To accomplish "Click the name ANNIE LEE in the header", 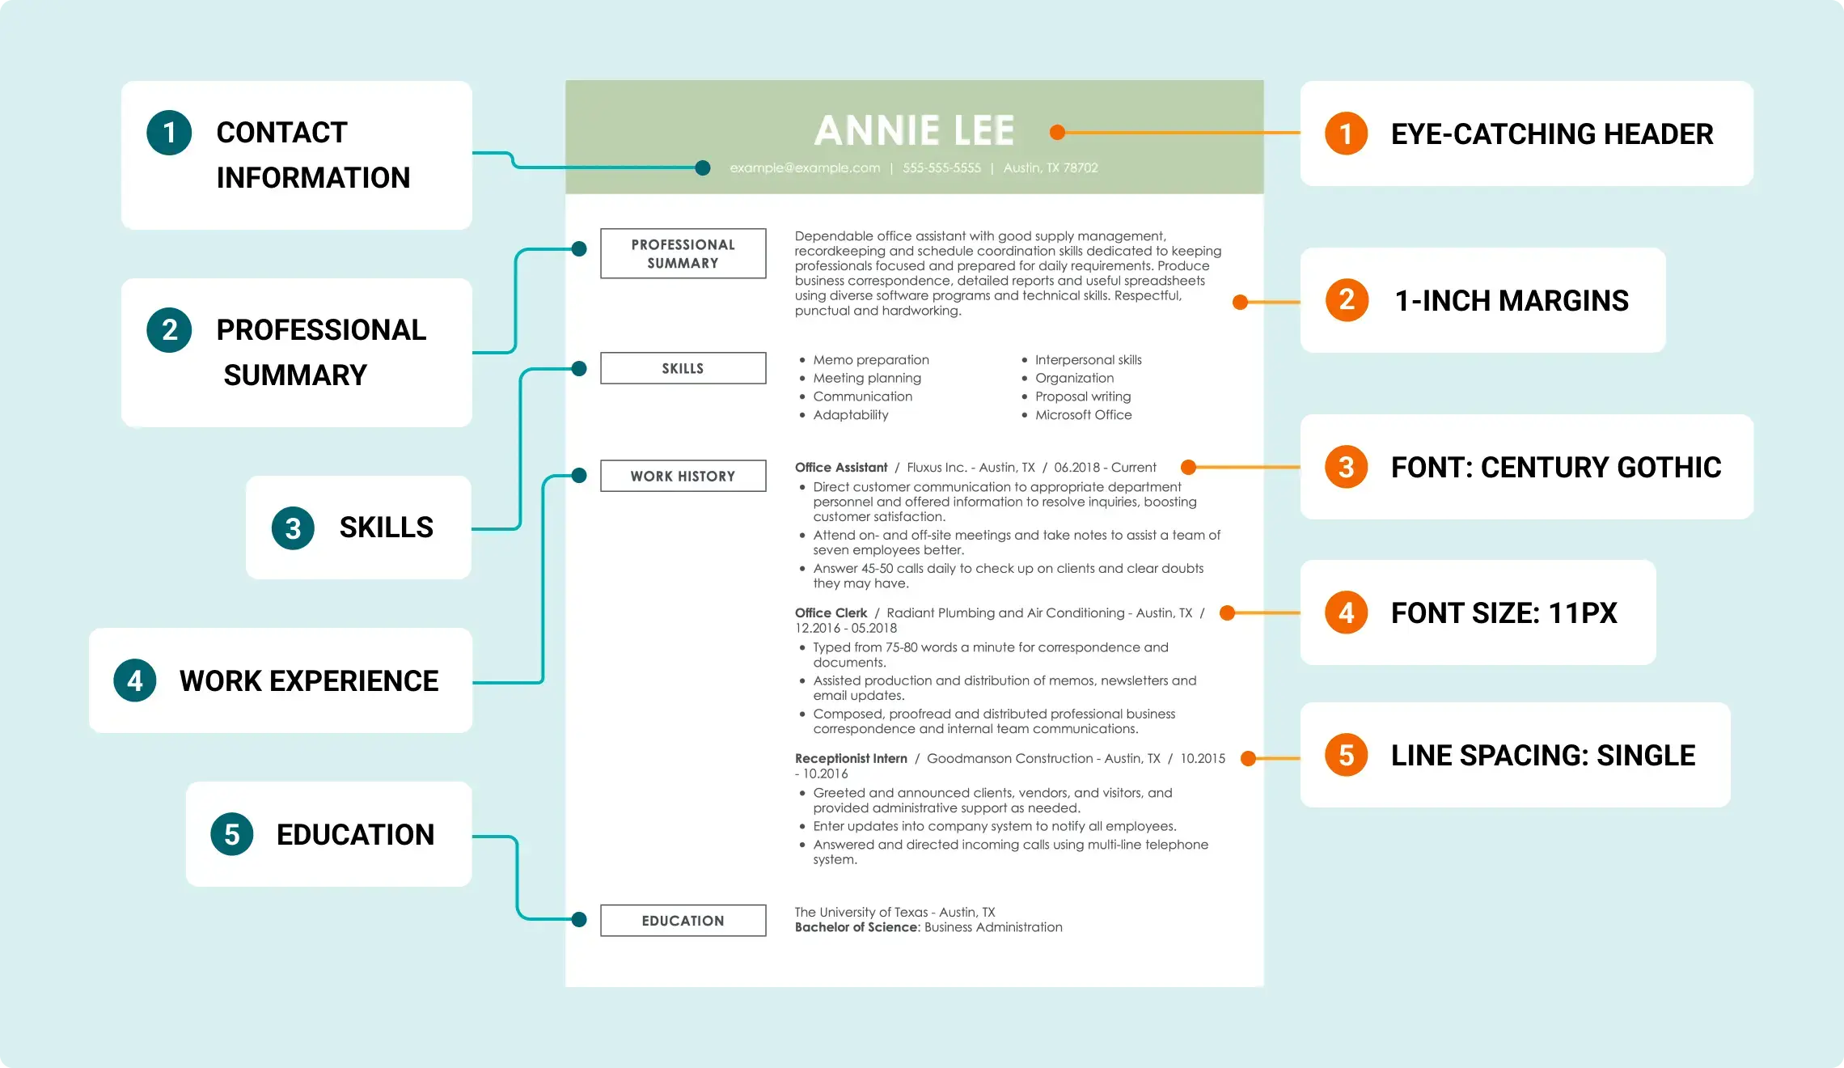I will [x=914, y=131].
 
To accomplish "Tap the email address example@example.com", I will [x=805, y=168].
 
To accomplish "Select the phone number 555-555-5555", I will [x=941, y=168].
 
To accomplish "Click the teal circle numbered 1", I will [x=169, y=133].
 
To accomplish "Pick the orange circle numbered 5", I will [x=1346, y=755].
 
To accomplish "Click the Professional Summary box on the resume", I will [x=683, y=254].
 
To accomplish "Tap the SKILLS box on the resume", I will [x=683, y=368].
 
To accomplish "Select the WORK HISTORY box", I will [x=683, y=477].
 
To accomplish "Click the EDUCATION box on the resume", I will [x=683, y=921].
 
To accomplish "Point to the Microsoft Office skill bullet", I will [x=1083, y=415].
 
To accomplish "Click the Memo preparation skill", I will [x=870, y=360].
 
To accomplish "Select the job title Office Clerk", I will [x=831, y=613].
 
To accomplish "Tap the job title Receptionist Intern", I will [x=851, y=759].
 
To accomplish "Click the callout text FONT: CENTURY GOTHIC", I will [x=1555, y=468].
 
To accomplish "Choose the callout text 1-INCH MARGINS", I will [x=1511, y=301].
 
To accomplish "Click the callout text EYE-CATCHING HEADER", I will [x=1551, y=134].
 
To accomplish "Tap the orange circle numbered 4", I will [x=1346, y=612].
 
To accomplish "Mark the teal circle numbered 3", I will [x=293, y=528].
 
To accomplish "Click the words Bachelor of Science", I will [x=856, y=927].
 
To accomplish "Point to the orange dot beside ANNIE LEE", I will [x=1057, y=132].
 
